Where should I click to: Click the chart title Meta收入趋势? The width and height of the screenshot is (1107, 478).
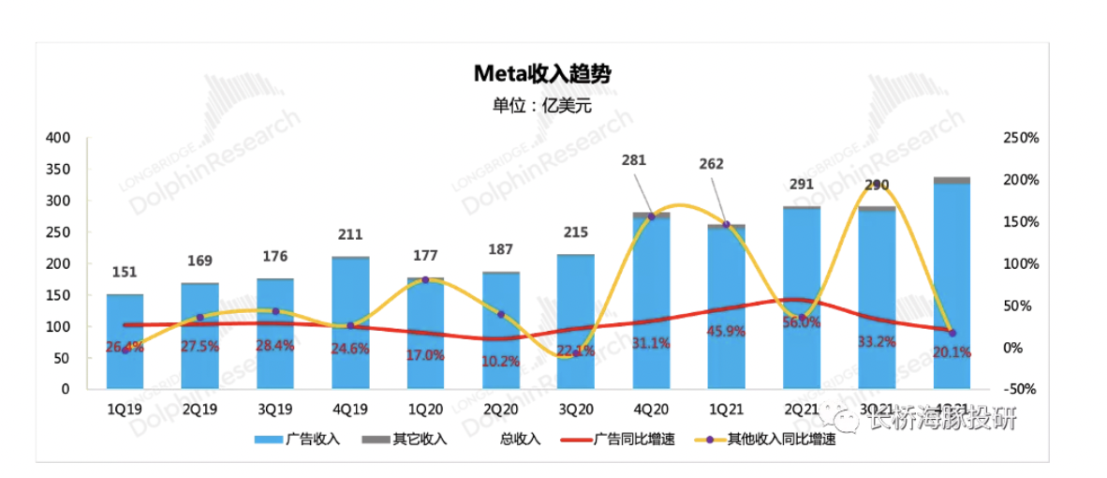tap(541, 74)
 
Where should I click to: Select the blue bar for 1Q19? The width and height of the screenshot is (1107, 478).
tap(125, 342)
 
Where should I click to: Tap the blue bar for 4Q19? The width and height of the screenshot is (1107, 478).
tap(350, 323)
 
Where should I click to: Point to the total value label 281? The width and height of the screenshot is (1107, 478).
tap(635, 160)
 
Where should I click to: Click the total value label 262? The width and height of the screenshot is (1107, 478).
tap(712, 163)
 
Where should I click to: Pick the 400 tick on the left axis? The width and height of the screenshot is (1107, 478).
tap(59, 138)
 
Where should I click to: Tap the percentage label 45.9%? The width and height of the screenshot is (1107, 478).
tap(726, 331)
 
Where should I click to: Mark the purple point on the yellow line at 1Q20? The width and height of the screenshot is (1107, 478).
tap(426, 279)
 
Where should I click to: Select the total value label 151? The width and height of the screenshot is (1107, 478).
tap(125, 273)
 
